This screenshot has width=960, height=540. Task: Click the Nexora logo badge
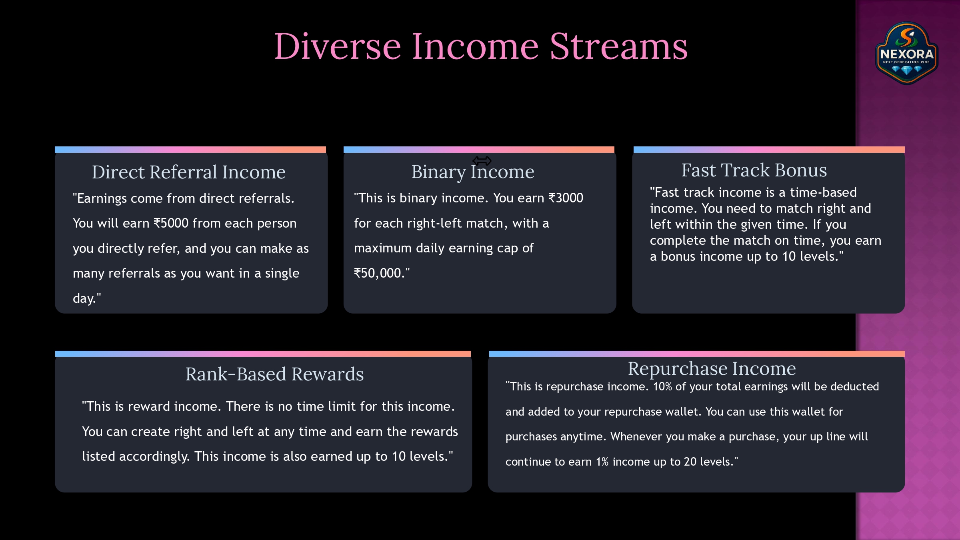click(907, 53)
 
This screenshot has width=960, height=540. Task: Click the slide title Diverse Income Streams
click(481, 46)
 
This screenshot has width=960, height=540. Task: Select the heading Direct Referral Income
click(189, 172)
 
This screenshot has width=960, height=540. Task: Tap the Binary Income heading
click(473, 172)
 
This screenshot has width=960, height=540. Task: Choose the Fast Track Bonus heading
click(754, 170)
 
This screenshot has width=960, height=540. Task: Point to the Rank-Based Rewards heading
click(274, 374)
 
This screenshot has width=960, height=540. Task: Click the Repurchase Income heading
click(712, 368)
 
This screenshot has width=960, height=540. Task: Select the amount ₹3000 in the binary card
click(566, 198)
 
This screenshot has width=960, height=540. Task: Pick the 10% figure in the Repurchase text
click(662, 386)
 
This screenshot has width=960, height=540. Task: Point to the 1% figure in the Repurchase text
click(602, 462)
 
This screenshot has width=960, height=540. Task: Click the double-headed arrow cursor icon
click(482, 161)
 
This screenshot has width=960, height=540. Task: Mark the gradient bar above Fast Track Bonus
click(769, 150)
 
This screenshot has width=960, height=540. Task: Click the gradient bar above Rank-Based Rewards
click(263, 354)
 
